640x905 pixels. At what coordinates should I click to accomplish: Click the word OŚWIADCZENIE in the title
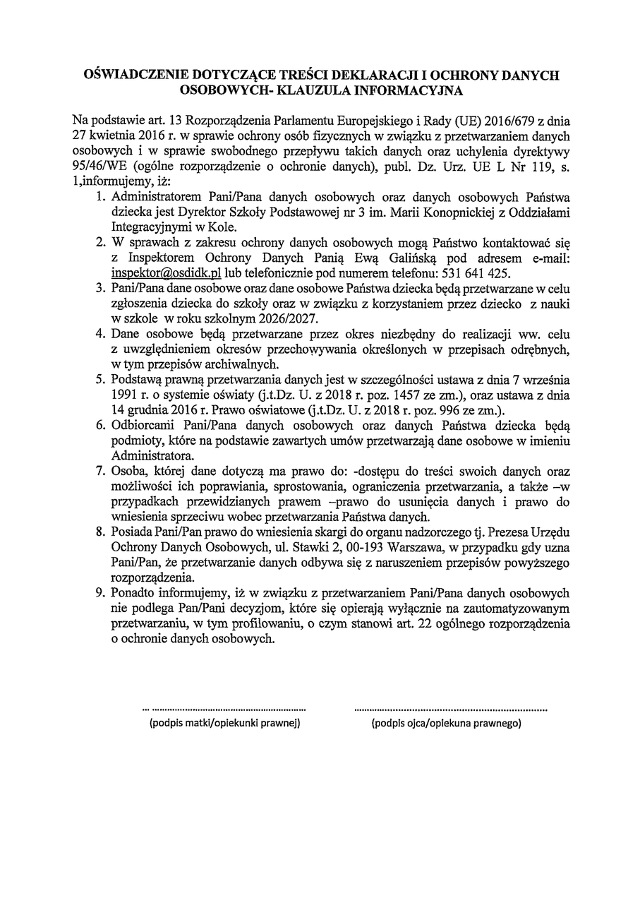(x=133, y=76)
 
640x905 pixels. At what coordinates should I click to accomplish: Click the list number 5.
(x=99, y=380)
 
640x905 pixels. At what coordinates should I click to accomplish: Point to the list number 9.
(x=99, y=593)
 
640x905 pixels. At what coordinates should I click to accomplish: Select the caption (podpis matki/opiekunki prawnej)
(x=224, y=724)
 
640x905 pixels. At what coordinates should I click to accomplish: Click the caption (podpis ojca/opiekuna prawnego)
(x=446, y=724)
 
